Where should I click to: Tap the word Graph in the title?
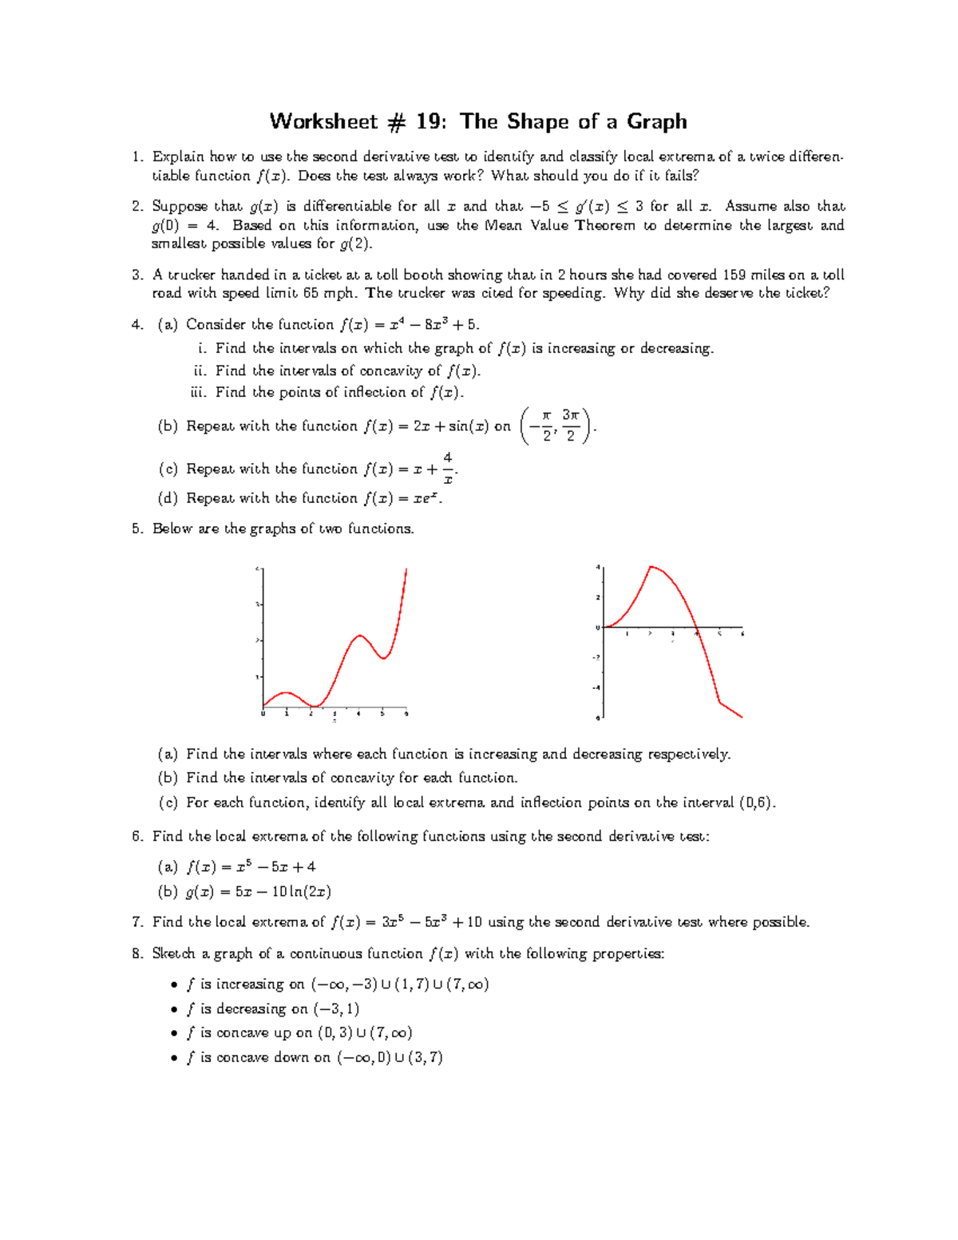(656, 121)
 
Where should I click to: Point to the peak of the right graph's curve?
(651, 566)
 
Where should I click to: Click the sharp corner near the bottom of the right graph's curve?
(720, 703)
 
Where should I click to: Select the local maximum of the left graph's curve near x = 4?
(360, 636)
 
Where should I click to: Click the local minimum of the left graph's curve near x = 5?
(384, 658)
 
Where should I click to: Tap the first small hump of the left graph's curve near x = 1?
(286, 692)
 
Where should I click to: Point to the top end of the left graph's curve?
(406, 569)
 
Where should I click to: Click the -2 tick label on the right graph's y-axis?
(596, 657)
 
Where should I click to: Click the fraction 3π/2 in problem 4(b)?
(570, 426)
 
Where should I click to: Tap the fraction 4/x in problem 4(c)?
(448, 469)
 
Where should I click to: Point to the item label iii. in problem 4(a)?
(198, 392)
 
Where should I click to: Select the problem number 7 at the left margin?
(137, 922)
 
